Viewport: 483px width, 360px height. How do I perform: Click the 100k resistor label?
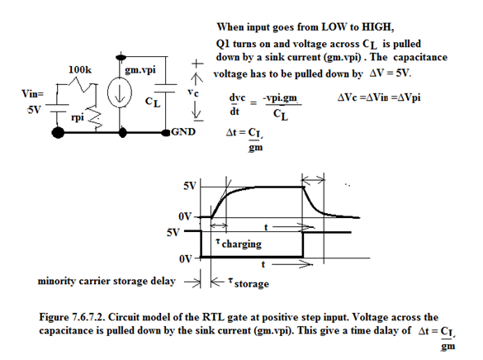[80, 69]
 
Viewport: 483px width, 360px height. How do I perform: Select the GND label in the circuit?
[183, 131]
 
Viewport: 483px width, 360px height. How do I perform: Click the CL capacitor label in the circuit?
[153, 102]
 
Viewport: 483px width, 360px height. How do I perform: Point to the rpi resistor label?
[78, 117]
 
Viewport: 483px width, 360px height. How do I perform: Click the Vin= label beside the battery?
[32, 93]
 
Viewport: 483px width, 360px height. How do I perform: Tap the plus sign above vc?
[197, 64]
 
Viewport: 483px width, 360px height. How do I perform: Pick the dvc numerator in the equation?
[237, 97]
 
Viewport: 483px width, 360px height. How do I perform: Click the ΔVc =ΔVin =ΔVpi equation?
[379, 97]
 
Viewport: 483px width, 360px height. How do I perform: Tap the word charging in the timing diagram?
[241, 244]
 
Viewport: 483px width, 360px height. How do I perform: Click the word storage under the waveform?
[251, 284]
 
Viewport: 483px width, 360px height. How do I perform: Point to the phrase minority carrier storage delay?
[107, 282]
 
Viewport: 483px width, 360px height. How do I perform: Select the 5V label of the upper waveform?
[190, 186]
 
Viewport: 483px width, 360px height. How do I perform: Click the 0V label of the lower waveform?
[186, 259]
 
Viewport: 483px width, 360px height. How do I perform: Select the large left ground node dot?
[58, 133]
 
